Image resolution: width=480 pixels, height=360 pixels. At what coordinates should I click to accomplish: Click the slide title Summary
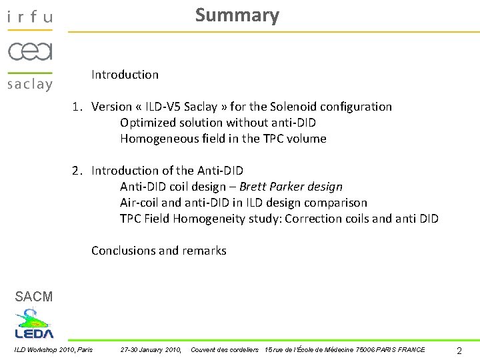pos(237,15)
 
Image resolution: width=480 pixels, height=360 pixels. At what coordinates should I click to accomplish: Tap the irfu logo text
pos(29,17)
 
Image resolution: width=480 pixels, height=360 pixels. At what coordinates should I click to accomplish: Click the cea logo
pos(30,51)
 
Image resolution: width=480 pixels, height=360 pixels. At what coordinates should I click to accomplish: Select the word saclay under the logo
pos(29,84)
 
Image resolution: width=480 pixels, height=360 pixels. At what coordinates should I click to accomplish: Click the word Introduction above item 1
pos(125,75)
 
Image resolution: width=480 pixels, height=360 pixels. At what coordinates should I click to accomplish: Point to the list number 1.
pos(77,107)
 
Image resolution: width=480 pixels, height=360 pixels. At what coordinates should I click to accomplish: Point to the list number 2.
pos(77,171)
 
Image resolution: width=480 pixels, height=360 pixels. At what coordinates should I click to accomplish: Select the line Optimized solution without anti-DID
pos(217,123)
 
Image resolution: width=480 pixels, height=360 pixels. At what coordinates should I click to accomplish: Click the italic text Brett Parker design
pos(291,187)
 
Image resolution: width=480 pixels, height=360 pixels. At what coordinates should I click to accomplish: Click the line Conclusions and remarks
pos(159,251)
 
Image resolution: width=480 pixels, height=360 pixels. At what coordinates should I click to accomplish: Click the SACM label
pos(33,297)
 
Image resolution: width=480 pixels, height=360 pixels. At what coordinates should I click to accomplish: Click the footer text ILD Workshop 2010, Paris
pos(53,350)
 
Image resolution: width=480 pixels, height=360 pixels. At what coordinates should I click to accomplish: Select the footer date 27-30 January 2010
pos(151,350)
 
